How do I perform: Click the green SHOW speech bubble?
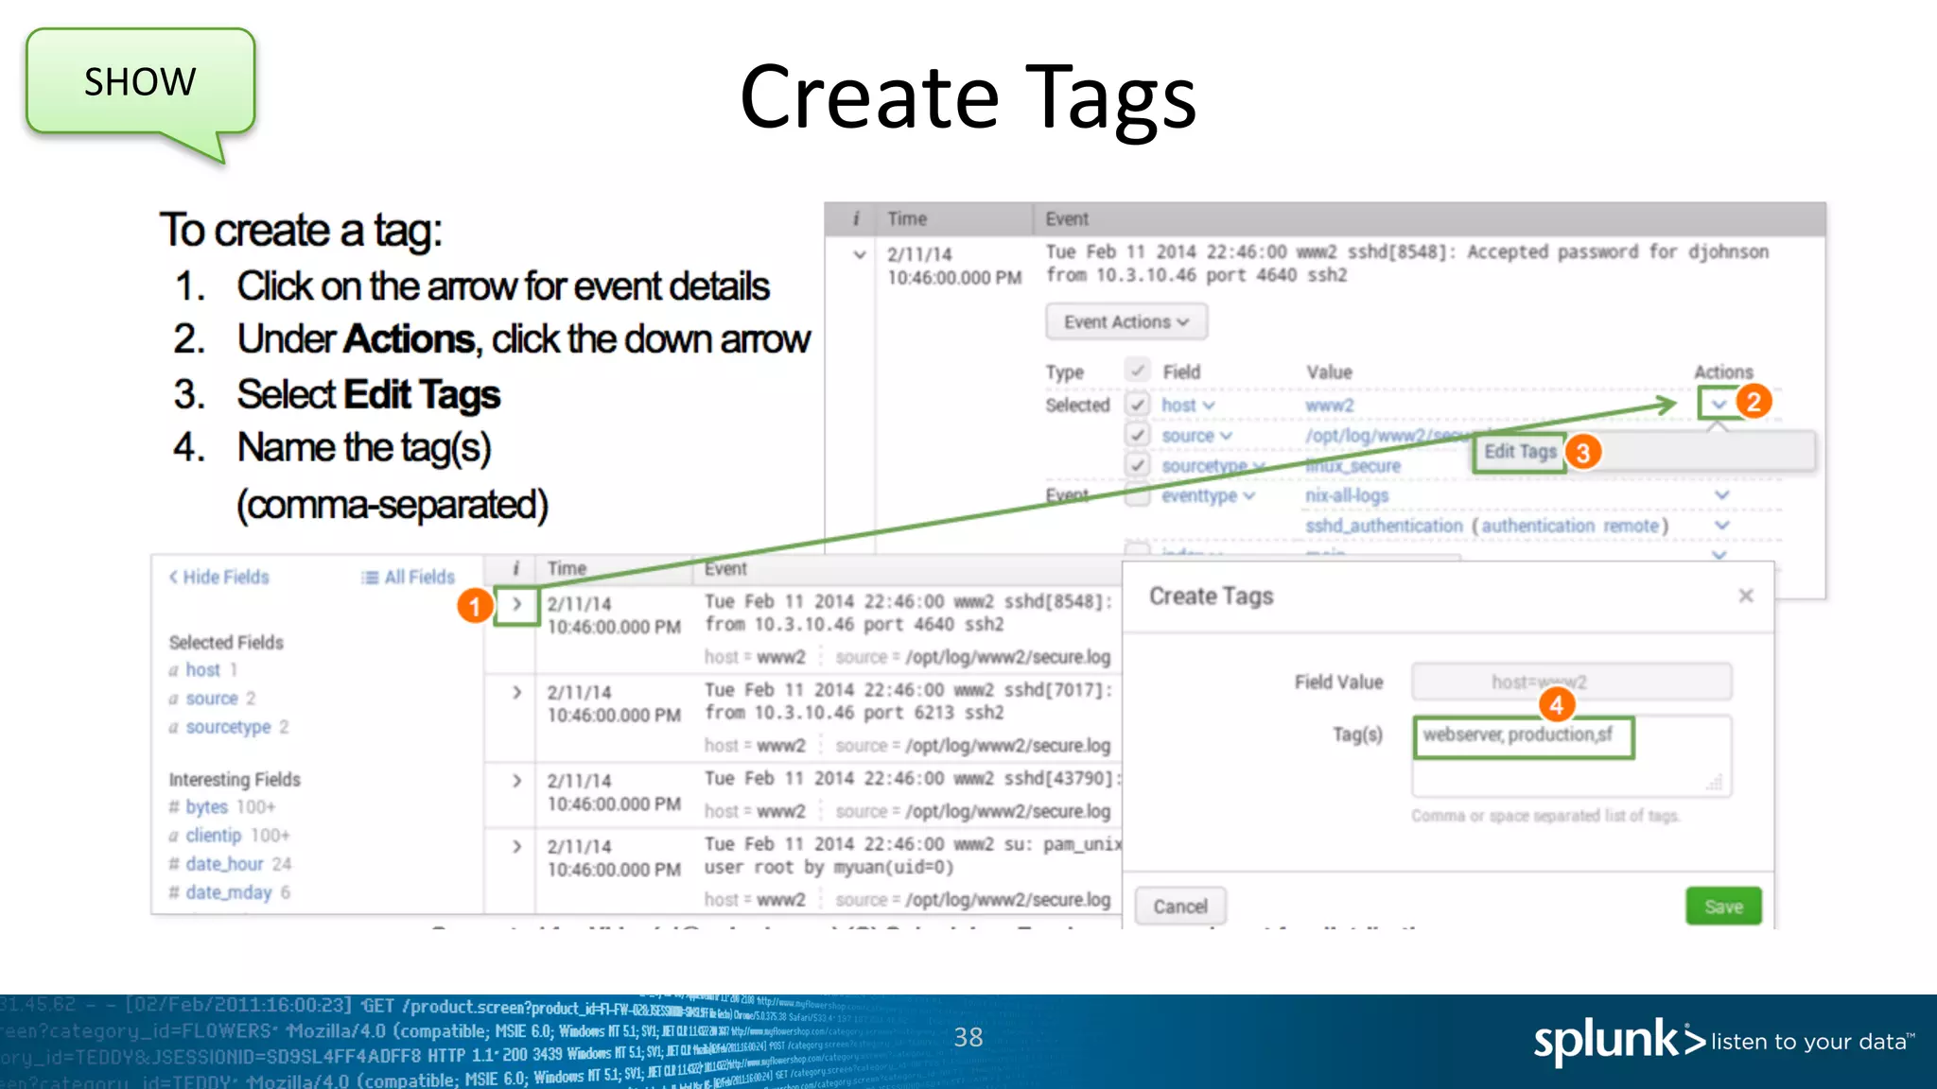coord(140,82)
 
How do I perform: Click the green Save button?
coord(1722,907)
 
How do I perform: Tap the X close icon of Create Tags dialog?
coord(1746,596)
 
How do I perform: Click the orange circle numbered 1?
coord(475,606)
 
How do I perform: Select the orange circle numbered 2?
coord(1754,403)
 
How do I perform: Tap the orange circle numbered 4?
coord(1556,704)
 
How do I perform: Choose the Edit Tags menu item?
coord(1520,452)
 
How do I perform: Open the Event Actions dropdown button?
coord(1126,322)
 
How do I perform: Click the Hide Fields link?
coord(219,578)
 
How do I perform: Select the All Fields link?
coord(409,578)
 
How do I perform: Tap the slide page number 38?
coord(968,1038)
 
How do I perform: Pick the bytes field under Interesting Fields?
coord(206,807)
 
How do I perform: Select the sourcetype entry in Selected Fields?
coord(228,727)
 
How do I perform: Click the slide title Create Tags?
coord(968,97)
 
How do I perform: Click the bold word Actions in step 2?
coord(409,339)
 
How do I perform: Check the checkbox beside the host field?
coord(1138,405)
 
